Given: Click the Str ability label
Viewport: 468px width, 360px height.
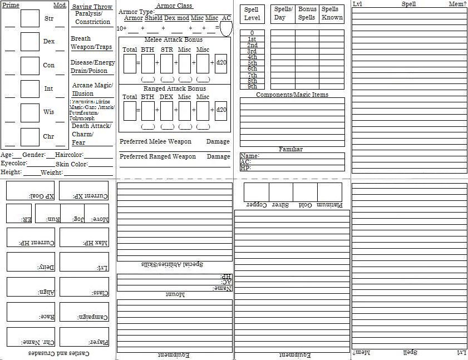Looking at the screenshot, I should (49, 18).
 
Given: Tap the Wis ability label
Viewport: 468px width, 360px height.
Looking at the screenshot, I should (49, 112).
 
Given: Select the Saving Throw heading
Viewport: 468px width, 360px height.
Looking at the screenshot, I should (92, 7).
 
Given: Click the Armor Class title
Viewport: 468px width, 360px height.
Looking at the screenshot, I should (174, 6).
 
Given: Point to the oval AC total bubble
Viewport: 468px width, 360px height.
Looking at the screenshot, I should (226, 28).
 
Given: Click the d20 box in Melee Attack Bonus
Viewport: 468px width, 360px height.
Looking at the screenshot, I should (221, 63).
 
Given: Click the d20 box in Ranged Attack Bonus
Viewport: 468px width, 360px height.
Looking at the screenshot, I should (221, 110).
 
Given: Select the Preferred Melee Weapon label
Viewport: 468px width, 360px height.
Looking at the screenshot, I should (155, 141).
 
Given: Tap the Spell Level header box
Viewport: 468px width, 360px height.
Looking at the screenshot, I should (252, 14).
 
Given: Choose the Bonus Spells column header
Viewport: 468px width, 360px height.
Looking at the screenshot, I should (307, 13).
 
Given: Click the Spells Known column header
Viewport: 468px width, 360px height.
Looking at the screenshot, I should (332, 13).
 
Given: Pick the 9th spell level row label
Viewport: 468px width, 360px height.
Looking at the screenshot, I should (252, 87).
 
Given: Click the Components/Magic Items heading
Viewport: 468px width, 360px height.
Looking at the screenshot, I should (292, 95).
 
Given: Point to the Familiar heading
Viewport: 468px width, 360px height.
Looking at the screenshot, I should (290, 149).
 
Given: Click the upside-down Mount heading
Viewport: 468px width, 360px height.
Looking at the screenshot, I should (174, 294).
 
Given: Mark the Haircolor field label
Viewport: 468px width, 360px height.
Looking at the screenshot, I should (70, 155).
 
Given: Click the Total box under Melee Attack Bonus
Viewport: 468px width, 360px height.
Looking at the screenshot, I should (130, 63).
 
